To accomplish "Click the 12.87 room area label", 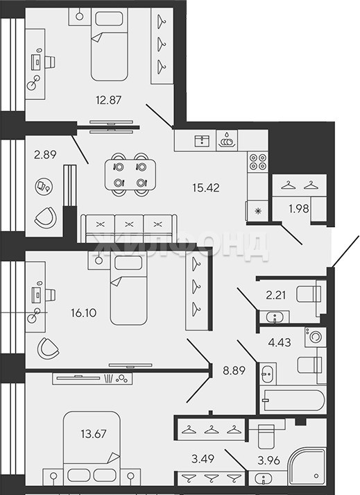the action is click(108, 100).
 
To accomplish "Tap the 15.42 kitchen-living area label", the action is click(206, 187).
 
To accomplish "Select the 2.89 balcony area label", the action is click(45, 154).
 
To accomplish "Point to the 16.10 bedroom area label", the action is click(84, 313).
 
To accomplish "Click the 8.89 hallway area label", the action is click(234, 370).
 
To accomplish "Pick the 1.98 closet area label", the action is click(299, 209).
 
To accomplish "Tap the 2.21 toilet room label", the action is click(276, 295).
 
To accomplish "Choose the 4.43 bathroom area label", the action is click(280, 342).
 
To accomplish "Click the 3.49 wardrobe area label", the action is click(203, 458).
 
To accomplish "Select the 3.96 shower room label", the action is click(268, 460).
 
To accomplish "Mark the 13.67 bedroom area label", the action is click(94, 434).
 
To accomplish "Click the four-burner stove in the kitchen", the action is click(258, 162).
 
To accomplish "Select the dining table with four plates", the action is click(130, 174).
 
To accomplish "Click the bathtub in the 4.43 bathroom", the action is click(292, 400).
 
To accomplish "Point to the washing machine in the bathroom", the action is click(315, 337).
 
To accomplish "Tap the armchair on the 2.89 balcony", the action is click(46, 217).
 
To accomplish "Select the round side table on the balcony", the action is click(44, 186).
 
